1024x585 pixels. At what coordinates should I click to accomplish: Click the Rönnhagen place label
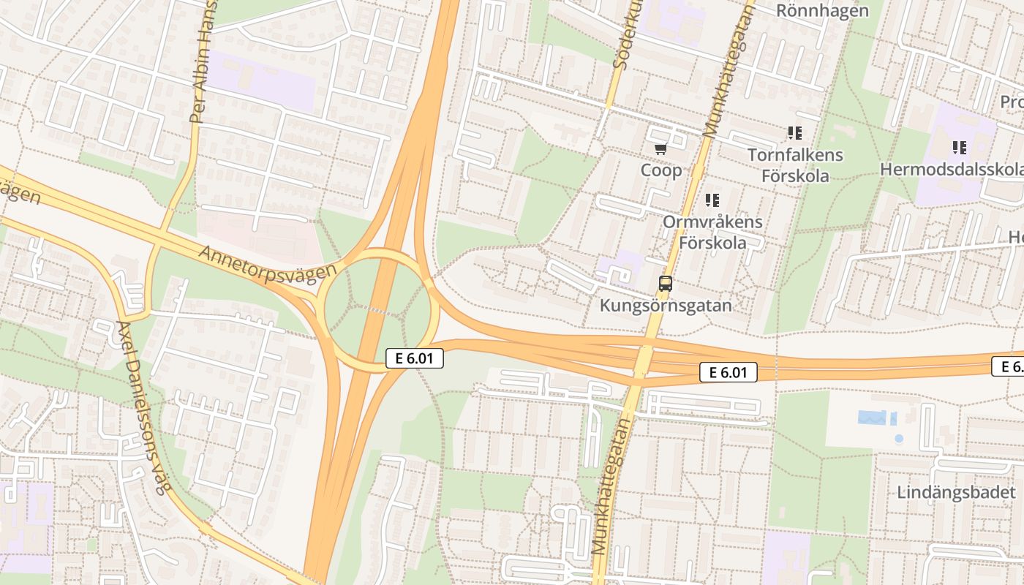(x=822, y=11)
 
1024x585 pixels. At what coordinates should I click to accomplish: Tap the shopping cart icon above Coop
(x=660, y=149)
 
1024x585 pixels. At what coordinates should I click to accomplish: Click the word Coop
(x=661, y=170)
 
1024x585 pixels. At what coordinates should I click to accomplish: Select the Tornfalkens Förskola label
(x=795, y=165)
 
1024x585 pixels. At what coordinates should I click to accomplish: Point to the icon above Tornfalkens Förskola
(x=795, y=133)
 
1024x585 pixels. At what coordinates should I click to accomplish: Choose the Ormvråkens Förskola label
(x=712, y=232)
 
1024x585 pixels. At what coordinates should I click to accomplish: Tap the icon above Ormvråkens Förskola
(x=712, y=200)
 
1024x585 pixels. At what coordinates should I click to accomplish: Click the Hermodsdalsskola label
(x=951, y=170)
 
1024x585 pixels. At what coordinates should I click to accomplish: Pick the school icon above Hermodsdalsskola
(x=960, y=148)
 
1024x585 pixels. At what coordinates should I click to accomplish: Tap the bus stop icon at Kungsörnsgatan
(x=666, y=284)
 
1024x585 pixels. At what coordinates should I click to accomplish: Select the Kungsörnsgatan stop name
(x=666, y=306)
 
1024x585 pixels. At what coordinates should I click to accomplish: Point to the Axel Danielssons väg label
(x=142, y=408)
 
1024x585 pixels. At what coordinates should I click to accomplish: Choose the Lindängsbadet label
(x=957, y=492)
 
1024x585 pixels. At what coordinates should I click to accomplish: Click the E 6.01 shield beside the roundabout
(x=415, y=358)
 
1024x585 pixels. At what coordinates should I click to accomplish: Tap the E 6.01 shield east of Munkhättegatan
(x=728, y=372)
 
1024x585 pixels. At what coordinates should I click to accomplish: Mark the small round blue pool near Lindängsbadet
(x=898, y=439)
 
